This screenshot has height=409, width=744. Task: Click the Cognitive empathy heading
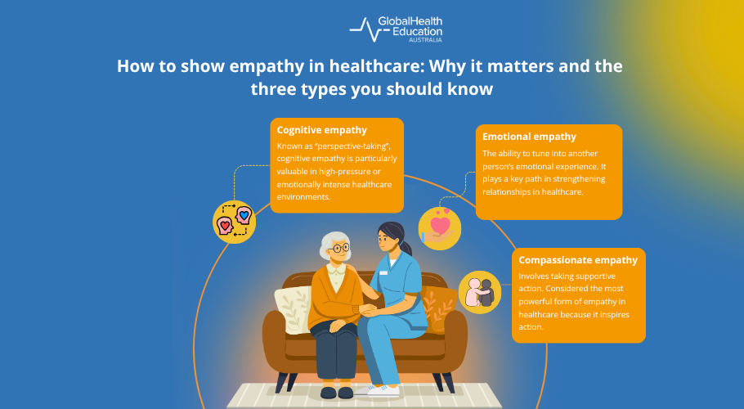tap(321, 129)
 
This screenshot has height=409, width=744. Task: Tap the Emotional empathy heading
tap(529, 137)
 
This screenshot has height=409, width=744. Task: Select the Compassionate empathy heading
tap(578, 260)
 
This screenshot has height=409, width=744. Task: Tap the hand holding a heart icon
tap(439, 227)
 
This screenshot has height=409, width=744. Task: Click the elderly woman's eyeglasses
tap(338, 248)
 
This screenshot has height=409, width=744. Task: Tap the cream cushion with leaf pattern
tap(293, 310)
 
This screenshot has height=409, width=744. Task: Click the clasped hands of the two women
tap(366, 309)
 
